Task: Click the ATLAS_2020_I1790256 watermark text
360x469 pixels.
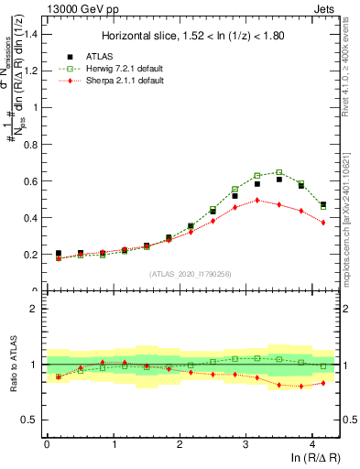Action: tap(191, 273)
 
